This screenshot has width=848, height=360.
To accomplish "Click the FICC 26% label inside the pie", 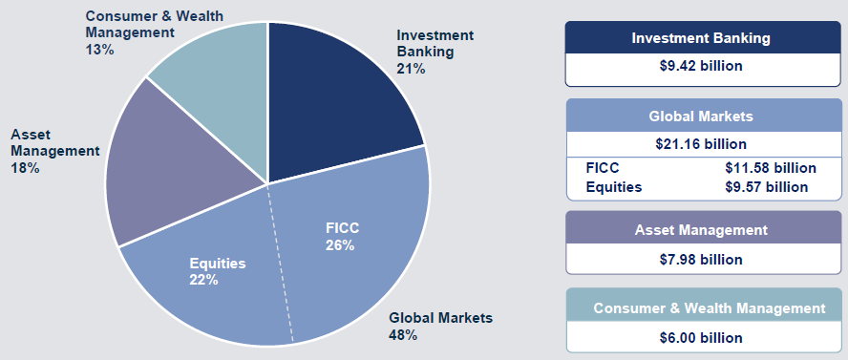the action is coord(342,237).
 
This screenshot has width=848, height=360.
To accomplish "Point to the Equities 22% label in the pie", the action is coord(218,272).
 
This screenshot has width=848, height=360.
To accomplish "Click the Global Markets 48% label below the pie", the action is coord(441,326).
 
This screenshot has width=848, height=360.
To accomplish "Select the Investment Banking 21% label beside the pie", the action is coord(435,52).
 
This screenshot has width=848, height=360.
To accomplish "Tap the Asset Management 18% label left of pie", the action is coord(55,151).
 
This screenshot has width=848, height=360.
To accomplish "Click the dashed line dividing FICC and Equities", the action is coord(281,263).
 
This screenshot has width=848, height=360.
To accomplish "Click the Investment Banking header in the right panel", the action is coord(701,38).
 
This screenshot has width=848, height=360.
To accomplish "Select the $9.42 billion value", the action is coord(701,66).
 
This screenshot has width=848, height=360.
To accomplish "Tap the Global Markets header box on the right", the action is coord(701,116).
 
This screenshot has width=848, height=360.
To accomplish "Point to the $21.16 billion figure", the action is coord(701,144).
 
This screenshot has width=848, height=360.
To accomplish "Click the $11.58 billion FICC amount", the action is coord(770,168).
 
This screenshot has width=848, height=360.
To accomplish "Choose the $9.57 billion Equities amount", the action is coord(766,187).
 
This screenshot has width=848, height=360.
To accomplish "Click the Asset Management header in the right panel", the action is coord(701,230).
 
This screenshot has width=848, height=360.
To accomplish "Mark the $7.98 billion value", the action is coord(701,260).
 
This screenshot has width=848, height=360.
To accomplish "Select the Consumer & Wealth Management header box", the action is coord(710,308).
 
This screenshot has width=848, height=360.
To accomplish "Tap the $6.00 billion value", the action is coord(701,338).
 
